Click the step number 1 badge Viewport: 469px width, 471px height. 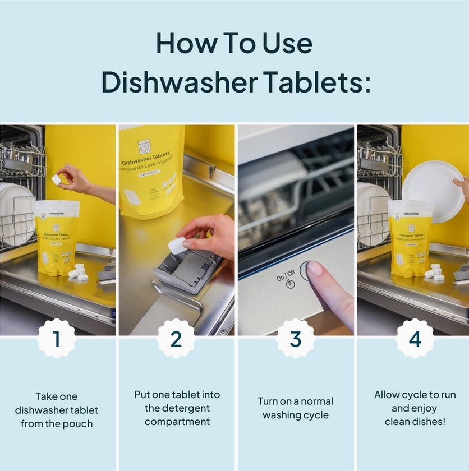point(57,338)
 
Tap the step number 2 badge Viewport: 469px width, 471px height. point(176,338)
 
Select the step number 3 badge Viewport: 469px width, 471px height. point(296,338)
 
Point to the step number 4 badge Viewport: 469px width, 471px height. point(415,338)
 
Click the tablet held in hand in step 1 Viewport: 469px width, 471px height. point(57,179)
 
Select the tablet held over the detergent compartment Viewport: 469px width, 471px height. point(177,245)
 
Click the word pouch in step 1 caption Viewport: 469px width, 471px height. point(80,424)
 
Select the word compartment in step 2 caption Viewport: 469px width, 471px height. point(177,422)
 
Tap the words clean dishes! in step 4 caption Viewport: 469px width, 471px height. point(415,422)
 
